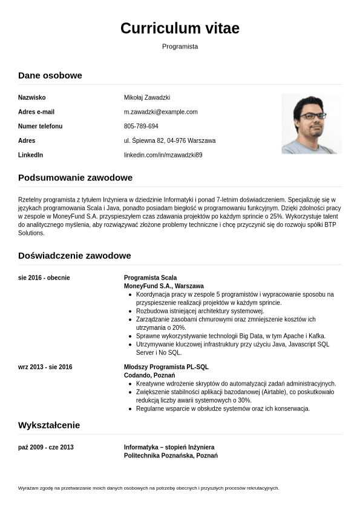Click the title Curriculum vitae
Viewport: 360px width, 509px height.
[x=180, y=28]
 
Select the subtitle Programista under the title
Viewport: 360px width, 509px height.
[x=180, y=47]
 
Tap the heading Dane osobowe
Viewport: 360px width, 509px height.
[x=50, y=76]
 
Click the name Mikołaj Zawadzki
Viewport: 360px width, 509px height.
[x=147, y=97]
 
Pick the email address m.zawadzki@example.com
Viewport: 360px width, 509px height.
[x=161, y=112]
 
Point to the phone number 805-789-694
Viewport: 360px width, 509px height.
[x=141, y=126]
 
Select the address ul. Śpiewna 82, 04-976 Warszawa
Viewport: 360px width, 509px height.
[x=169, y=140]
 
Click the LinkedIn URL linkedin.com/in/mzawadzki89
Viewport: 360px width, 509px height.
[x=163, y=155]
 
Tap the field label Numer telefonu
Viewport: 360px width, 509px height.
[x=41, y=126]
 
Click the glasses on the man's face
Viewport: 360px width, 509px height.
[x=313, y=115]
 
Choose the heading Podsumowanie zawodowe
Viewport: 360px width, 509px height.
[x=75, y=178]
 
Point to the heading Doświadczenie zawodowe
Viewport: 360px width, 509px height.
[x=74, y=255]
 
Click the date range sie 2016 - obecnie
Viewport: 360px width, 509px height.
[x=44, y=278]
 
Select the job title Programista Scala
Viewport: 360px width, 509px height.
[x=150, y=278]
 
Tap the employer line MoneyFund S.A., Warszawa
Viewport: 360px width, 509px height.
[x=163, y=286]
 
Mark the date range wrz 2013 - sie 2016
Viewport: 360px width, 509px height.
[x=45, y=367]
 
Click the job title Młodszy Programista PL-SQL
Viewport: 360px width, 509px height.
[x=166, y=367]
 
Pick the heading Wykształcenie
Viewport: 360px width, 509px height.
[x=49, y=425]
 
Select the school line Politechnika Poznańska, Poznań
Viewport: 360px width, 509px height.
[x=171, y=455]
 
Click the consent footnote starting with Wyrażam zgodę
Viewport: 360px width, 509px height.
[x=148, y=488]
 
